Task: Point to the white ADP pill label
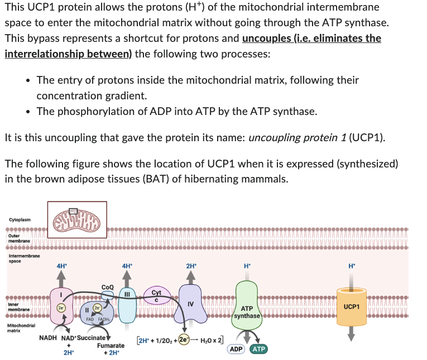236,349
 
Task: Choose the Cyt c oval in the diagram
156,296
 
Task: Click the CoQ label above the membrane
108,287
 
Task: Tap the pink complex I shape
60,307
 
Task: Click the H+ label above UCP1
351,266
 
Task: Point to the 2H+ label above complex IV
191,266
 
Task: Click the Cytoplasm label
20,219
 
